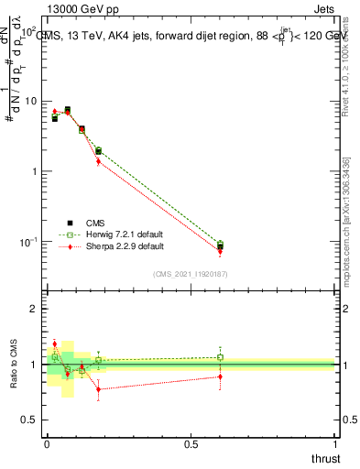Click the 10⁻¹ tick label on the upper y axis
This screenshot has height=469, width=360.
coord(27,242)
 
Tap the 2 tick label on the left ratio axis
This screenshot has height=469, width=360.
coord(34,309)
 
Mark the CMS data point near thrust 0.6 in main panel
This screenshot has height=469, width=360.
coord(220,245)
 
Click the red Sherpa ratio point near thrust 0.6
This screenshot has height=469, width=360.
coord(220,376)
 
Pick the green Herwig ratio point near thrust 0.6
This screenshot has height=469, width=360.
coord(220,357)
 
